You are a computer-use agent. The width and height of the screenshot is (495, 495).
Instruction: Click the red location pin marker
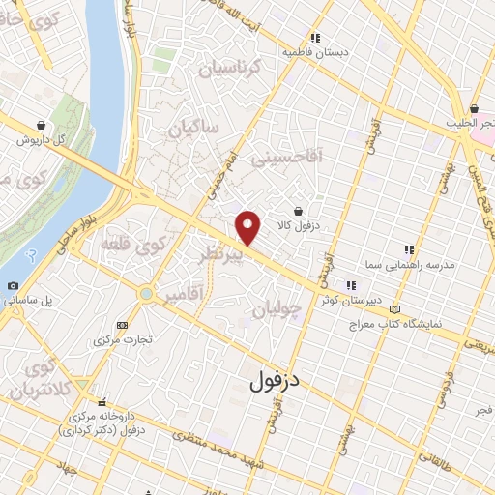click(248, 226)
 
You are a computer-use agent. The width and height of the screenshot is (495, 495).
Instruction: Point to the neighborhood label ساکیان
click(194, 128)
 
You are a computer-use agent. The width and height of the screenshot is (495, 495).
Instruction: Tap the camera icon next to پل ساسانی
click(13, 285)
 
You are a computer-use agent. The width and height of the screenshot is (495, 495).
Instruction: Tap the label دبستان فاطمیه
click(313, 53)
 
